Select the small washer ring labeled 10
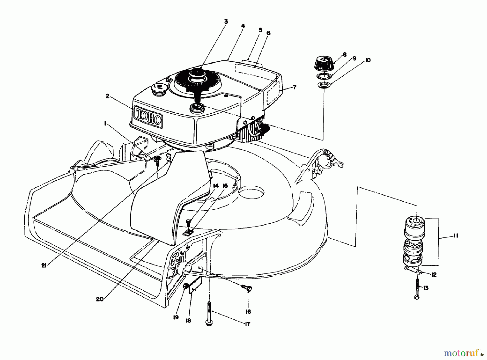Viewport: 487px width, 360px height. (324, 86)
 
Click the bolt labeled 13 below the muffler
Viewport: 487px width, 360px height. (417, 289)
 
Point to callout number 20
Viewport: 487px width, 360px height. (100, 299)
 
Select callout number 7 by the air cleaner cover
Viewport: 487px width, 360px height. (295, 87)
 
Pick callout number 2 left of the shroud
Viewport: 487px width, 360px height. (107, 96)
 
